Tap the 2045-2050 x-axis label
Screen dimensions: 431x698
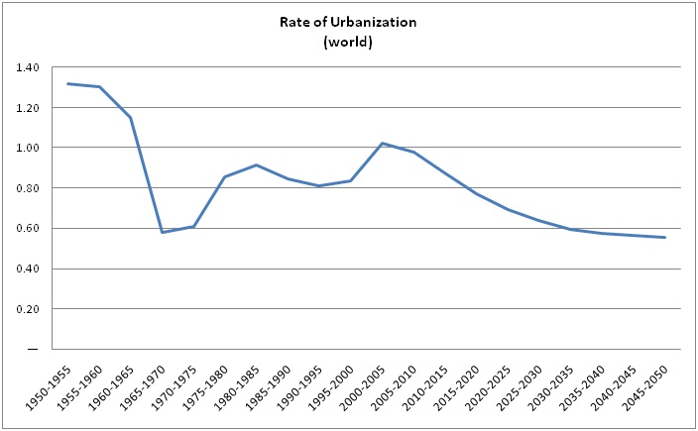pos(648,387)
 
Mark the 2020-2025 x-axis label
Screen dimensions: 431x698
pos(492,387)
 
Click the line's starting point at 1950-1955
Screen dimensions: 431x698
pos(67,83)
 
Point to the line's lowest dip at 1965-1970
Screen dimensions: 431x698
pos(162,232)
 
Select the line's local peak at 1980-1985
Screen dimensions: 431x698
pos(256,165)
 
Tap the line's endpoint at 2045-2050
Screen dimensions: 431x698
pos(664,238)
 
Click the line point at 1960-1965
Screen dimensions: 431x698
pos(130,117)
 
